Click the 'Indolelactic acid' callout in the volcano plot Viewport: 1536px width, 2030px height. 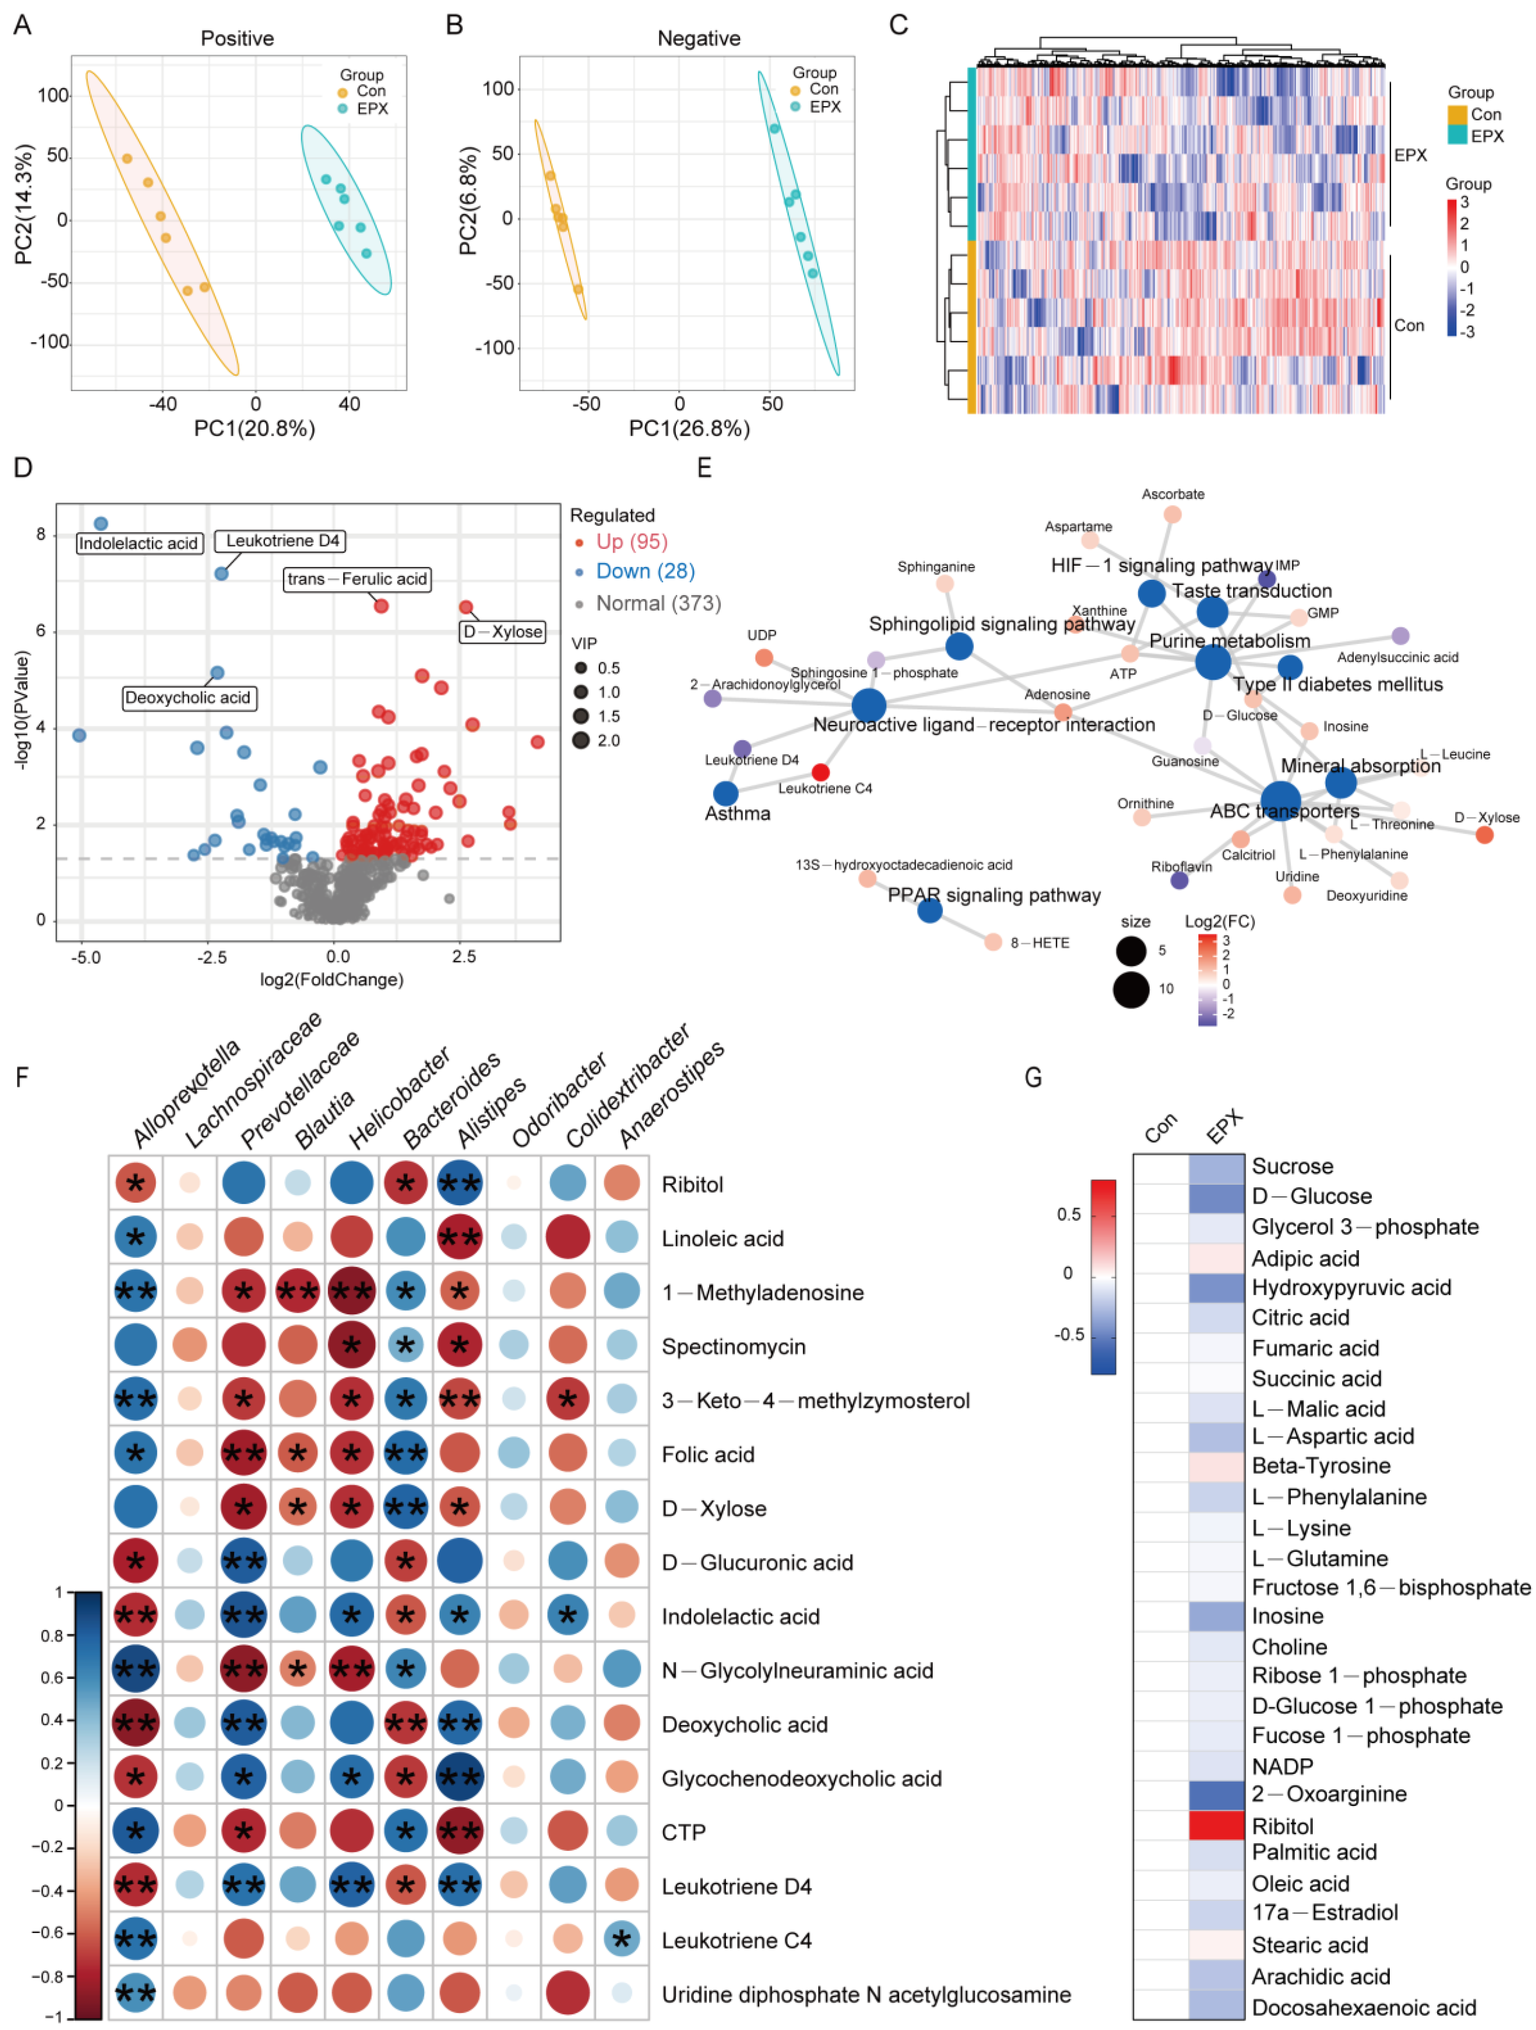(138, 543)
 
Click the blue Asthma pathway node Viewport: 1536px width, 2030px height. (725, 793)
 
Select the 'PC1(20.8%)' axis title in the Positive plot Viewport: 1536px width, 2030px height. (255, 428)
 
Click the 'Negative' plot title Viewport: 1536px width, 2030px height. (698, 38)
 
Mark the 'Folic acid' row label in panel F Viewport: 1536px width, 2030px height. (708, 1455)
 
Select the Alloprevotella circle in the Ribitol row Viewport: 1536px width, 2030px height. (135, 1184)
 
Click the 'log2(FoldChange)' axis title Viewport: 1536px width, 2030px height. (331, 979)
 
